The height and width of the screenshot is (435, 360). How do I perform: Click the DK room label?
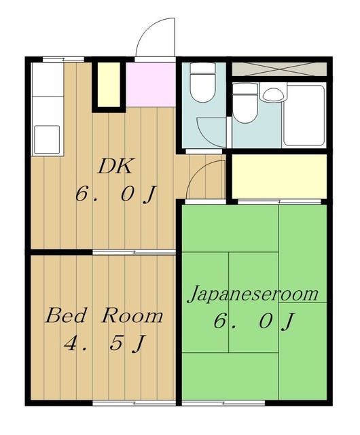115,167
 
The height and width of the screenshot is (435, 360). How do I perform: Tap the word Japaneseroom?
253,294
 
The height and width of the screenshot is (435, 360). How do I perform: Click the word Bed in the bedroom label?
65,315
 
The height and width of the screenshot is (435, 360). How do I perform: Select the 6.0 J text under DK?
116,194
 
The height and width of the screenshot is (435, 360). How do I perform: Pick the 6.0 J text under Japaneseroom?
253,321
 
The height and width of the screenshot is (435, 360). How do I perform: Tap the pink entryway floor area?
151,84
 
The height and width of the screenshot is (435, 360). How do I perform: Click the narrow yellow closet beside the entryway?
109,84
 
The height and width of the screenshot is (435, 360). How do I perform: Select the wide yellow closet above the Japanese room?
279,177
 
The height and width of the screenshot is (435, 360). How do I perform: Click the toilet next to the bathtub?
245,103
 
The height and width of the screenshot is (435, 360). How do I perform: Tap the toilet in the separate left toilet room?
202,82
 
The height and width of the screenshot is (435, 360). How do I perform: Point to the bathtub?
304,116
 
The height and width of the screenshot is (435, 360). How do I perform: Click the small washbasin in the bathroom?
274,94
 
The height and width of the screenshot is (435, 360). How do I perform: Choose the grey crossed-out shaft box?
279,69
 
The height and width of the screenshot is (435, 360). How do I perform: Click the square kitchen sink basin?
47,139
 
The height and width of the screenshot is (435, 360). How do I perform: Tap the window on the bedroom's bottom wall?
134,403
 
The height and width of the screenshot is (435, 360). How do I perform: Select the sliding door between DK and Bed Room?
134,252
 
